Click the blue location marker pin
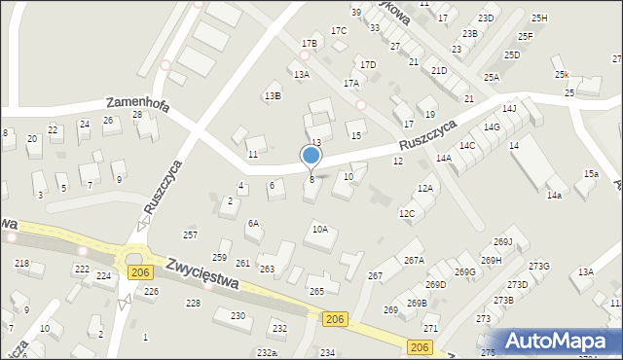pos(311,156)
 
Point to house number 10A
pos(319,230)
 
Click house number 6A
pos(253,223)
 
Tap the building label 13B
pos(273,95)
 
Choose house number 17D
pos(368,65)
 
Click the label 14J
pos(509,109)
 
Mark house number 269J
pos(503,242)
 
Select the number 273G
pos(539,266)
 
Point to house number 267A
pos(414,260)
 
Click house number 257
pos(191,235)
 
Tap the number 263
pos(267,269)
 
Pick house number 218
pos(21,264)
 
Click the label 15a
pos(591,173)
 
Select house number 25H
pos(539,18)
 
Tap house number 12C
pos(407,213)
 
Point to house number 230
pos(238,315)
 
